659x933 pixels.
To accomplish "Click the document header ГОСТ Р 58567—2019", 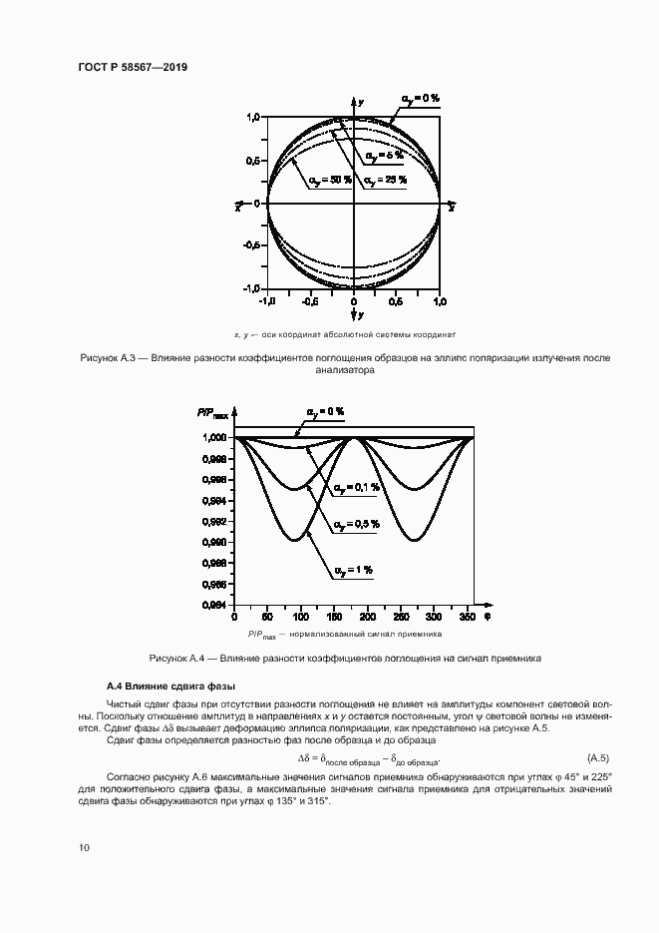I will (133, 67).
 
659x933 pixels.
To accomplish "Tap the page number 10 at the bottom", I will (85, 847).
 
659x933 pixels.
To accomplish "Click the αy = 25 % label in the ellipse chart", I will (385, 180).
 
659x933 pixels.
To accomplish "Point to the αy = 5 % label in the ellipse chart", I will (384, 155).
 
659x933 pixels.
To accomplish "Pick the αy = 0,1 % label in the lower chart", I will (357, 487).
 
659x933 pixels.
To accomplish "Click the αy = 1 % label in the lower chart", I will (353, 570).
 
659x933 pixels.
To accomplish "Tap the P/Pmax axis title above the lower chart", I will (213, 412).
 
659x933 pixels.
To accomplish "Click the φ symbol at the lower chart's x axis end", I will (488, 617).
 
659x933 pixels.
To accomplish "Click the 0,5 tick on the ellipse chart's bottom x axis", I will (396, 300).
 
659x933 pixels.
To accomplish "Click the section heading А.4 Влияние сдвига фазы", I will (170, 687).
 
